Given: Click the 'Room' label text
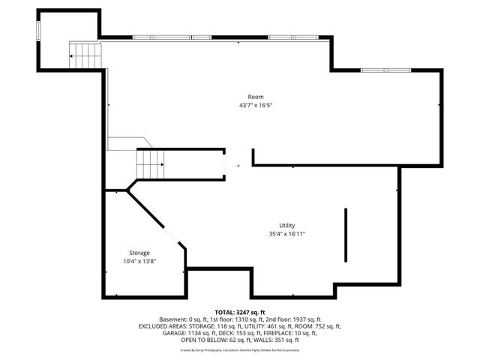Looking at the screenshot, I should pyautogui.click(x=256, y=97).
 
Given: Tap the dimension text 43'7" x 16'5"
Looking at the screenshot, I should pyautogui.click(x=256, y=106).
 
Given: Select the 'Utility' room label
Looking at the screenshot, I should pyautogui.click(x=286, y=225).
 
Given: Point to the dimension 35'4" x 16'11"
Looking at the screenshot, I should pyautogui.click(x=286, y=234).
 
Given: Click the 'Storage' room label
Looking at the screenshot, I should pyautogui.click(x=139, y=253).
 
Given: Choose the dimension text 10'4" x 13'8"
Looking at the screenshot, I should pyautogui.click(x=139, y=261).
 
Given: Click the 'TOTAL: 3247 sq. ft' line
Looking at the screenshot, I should pyautogui.click(x=240, y=312).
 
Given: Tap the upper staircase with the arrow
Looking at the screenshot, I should pyautogui.click(x=85, y=55).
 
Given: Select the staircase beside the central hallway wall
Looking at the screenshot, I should pyautogui.click(x=150, y=163).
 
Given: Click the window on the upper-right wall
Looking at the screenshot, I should pyautogui.click(x=385, y=70).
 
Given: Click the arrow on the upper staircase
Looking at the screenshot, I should pyautogui.click(x=73, y=55).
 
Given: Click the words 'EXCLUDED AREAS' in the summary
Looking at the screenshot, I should pyautogui.click(x=160, y=326).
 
